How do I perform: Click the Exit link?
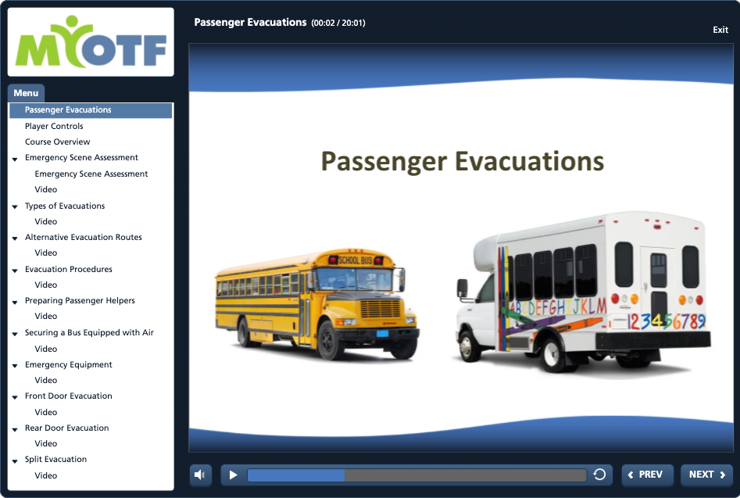720,30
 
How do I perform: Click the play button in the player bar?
233,475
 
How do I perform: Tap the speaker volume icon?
200,475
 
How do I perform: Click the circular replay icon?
599,475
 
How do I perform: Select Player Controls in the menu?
54,126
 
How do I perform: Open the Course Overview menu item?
57,142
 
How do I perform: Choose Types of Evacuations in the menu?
65,206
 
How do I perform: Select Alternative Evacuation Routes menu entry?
83,237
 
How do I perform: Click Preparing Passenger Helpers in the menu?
80,301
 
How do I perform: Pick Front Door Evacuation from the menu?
69,396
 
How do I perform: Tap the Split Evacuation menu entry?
55,459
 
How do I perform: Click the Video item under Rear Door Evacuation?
46,444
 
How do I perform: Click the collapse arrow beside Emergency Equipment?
15,365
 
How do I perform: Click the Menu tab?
26,93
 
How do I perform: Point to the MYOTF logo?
91,42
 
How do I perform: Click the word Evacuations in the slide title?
529,161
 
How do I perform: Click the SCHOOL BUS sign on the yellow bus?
355,260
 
